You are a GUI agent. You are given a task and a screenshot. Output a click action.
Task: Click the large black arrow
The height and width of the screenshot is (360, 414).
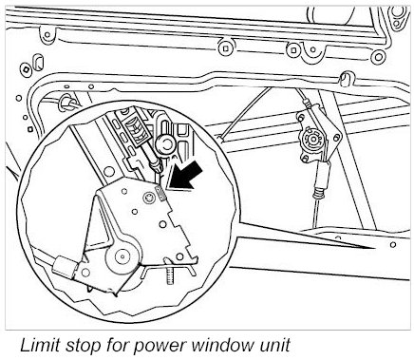[185, 178]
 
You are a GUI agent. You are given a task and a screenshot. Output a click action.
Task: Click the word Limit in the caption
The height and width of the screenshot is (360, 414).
[40, 345]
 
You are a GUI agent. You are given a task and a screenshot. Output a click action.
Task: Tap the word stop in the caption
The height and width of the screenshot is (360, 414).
[83, 345]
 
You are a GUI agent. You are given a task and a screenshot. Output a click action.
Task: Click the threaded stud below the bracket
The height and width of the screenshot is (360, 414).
[169, 275]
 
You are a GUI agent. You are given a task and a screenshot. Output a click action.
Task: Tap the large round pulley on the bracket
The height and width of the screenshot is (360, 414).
[122, 256]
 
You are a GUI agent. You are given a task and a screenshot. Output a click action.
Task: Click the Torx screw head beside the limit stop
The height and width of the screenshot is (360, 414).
[147, 199]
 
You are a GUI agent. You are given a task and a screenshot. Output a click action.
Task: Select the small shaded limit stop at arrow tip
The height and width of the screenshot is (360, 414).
[160, 193]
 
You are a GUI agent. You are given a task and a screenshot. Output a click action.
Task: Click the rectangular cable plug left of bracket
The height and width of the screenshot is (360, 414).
[65, 266]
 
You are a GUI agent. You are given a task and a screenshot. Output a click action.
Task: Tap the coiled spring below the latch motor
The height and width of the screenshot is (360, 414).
[319, 192]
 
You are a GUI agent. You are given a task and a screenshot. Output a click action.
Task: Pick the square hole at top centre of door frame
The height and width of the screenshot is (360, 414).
[225, 48]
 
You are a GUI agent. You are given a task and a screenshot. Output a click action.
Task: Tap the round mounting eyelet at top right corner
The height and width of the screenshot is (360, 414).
[396, 13]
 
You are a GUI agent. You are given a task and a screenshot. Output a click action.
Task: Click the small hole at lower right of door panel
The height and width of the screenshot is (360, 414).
[393, 244]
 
